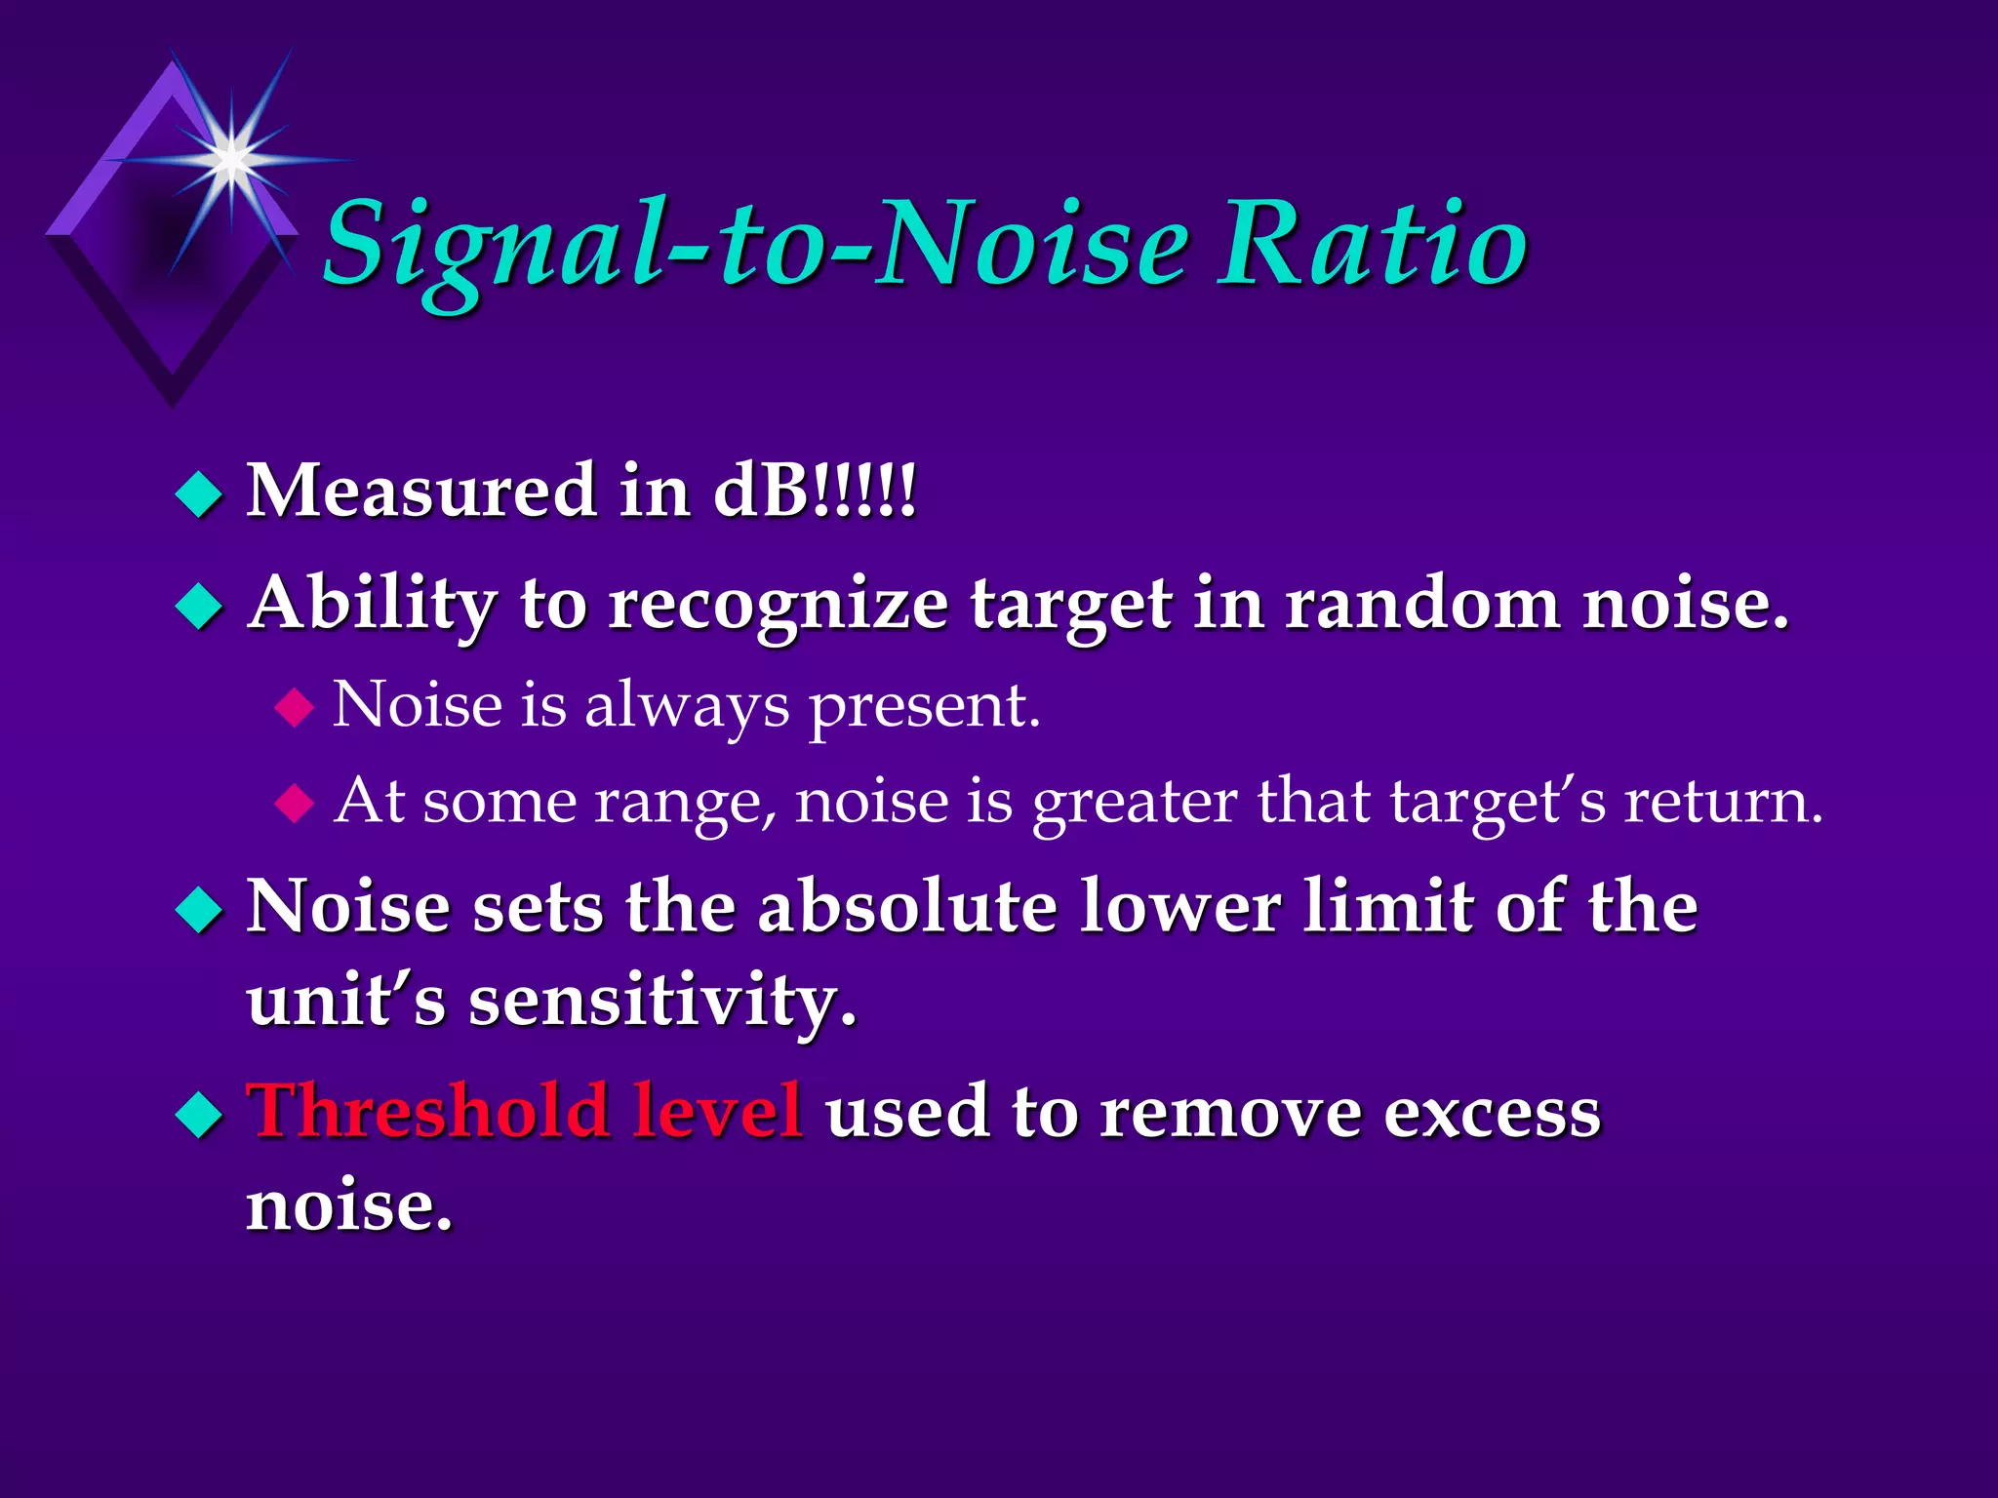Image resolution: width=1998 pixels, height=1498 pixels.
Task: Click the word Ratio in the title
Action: coord(1371,244)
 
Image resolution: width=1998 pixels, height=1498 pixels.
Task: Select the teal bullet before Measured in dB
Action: coord(199,494)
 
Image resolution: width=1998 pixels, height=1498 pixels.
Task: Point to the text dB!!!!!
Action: coord(815,491)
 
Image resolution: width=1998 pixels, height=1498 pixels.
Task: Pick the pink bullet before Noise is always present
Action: coord(294,707)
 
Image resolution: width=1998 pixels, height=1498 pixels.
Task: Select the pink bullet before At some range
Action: coord(294,805)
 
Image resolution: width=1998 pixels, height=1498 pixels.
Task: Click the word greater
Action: coord(1135,803)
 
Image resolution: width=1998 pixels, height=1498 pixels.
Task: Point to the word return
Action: coord(1722,803)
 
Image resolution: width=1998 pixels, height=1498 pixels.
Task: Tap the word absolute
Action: coord(907,908)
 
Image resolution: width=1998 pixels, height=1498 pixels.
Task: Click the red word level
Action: coord(717,1112)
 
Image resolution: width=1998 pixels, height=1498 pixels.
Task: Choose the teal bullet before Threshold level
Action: coord(199,1115)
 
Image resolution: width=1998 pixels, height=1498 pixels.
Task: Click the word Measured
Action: coord(420,491)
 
